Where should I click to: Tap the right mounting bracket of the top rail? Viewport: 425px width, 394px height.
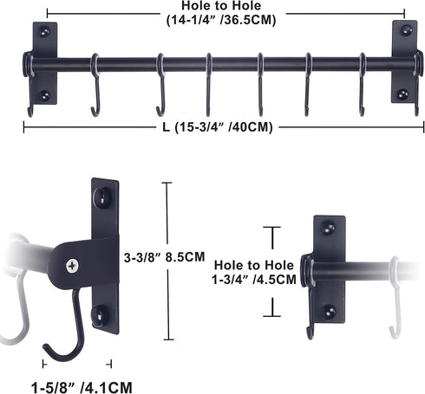point(403,62)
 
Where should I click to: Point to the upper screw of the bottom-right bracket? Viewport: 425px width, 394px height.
point(330,229)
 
